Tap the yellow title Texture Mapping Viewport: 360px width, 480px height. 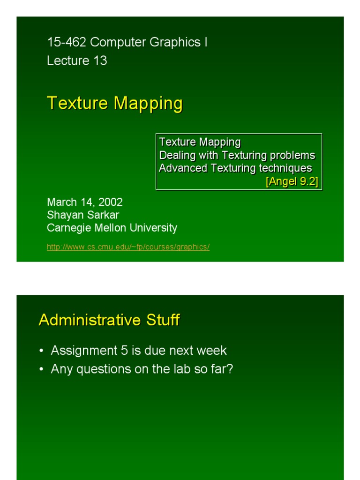tap(115, 103)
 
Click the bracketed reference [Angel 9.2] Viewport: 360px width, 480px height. tap(292, 181)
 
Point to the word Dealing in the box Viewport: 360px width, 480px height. tap(176, 155)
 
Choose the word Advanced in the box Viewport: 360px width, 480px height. tap(180, 168)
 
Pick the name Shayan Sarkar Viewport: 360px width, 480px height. tap(83, 215)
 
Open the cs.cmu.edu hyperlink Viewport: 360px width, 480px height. tap(128, 247)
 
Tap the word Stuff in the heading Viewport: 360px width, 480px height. tap(162, 320)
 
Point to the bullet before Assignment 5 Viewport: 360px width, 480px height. tap(42, 351)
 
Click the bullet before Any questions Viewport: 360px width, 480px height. tap(42, 370)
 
